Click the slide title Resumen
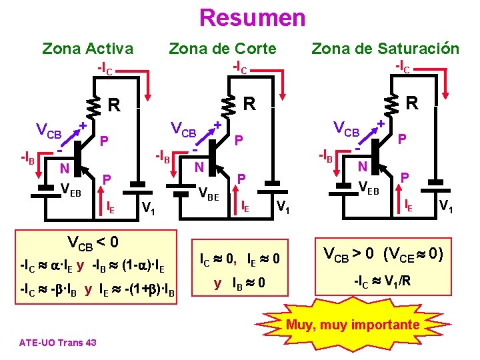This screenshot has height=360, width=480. pos(252,17)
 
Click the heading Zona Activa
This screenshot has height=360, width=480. pos(87,48)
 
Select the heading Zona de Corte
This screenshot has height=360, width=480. pos(222,48)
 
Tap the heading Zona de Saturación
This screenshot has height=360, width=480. pos(385,48)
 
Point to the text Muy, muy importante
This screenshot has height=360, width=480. pos(353,325)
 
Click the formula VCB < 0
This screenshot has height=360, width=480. pos(93,241)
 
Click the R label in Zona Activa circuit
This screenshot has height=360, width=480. pos(115,105)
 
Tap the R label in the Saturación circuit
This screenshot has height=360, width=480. pos(412,103)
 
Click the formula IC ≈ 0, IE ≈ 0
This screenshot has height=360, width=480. pos(239,258)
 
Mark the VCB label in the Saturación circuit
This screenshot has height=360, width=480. pos(346,127)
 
